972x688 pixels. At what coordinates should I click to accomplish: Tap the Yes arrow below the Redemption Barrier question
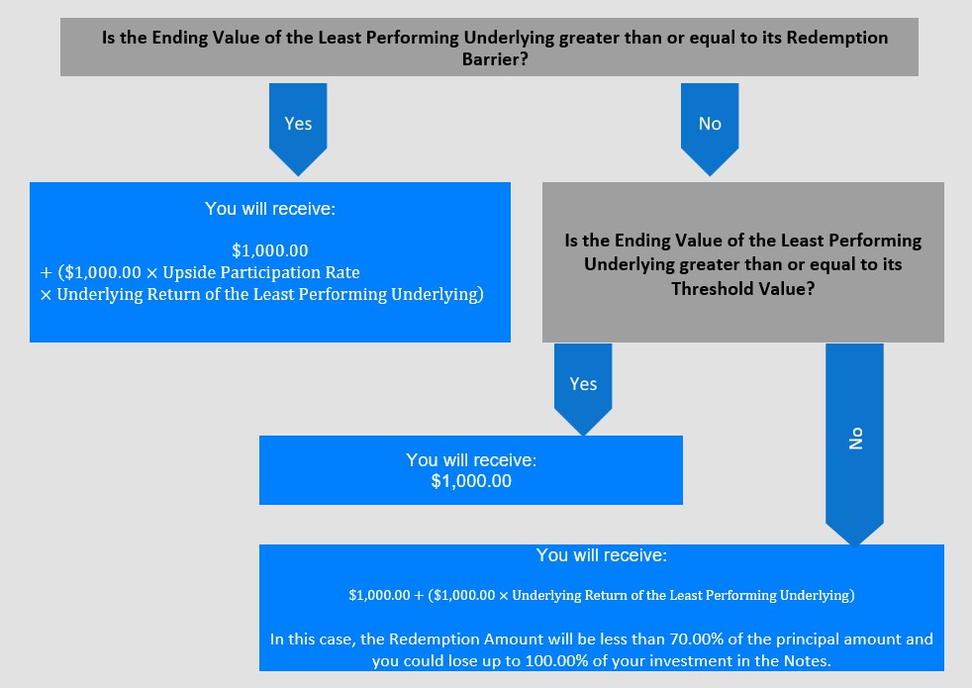pyautogui.click(x=298, y=124)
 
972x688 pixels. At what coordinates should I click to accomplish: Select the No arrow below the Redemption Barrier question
pyautogui.click(x=710, y=124)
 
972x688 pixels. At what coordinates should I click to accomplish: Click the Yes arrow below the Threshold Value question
pyautogui.click(x=583, y=383)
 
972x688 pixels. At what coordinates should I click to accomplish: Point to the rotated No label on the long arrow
pyautogui.click(x=856, y=439)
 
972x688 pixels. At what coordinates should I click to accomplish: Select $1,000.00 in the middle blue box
pyautogui.click(x=471, y=481)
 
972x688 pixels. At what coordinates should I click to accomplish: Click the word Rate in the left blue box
pyautogui.click(x=342, y=272)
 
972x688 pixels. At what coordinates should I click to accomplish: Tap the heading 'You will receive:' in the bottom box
pyautogui.click(x=602, y=555)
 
